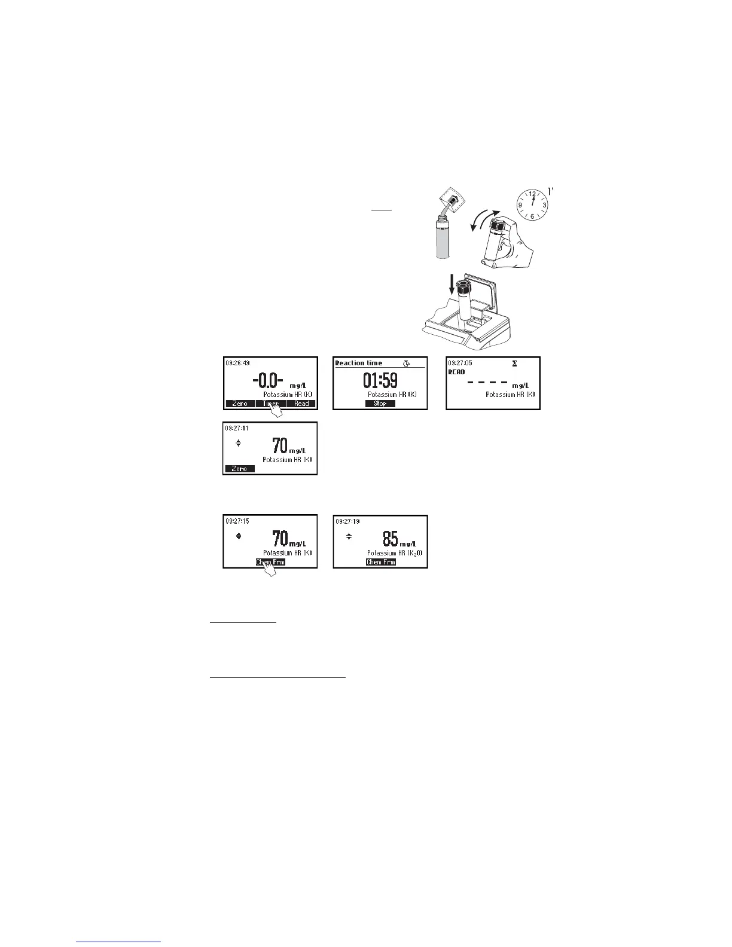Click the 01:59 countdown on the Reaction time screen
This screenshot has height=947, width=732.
(x=380, y=380)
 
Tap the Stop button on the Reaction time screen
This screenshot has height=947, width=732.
(x=380, y=404)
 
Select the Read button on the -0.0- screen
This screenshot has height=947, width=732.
(x=301, y=404)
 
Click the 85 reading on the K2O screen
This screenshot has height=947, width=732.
(x=391, y=539)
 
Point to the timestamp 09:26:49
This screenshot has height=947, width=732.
(x=237, y=363)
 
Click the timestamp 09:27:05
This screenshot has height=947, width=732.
(x=460, y=363)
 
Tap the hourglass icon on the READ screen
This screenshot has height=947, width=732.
(x=514, y=363)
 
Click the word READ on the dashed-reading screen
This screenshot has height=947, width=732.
(x=457, y=372)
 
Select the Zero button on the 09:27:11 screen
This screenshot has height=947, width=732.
(x=239, y=469)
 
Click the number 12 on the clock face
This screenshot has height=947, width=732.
(x=532, y=194)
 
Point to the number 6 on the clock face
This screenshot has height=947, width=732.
(x=532, y=216)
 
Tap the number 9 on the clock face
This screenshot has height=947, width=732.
(x=521, y=206)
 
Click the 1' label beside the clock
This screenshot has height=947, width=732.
(x=553, y=193)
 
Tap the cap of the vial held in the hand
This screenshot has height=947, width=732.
(x=498, y=227)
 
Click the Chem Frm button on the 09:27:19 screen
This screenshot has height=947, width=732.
(x=380, y=563)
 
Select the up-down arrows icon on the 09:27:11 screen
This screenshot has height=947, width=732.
(x=238, y=443)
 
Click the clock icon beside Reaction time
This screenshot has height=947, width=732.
(x=407, y=363)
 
